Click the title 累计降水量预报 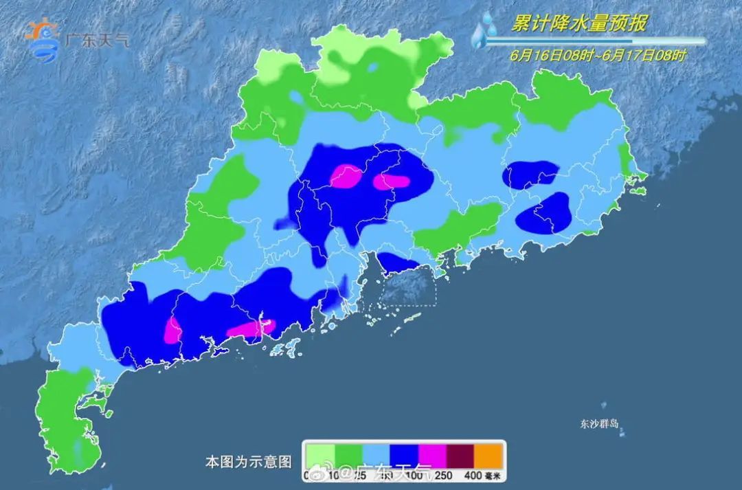[579, 23]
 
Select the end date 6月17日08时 [644, 56]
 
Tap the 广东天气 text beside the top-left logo [97, 38]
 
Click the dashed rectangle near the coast [408, 285]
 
